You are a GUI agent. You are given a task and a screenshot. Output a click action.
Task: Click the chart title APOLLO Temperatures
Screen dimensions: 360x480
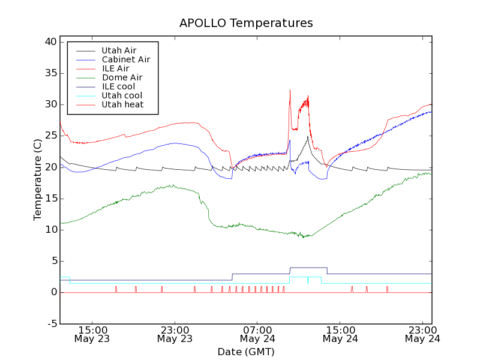point(246,23)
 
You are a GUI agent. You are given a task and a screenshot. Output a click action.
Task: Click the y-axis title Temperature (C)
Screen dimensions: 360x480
point(38,179)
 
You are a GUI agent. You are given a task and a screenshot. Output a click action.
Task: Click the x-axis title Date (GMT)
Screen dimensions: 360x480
point(246,352)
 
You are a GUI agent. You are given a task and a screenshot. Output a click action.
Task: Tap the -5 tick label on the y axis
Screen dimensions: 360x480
point(52,323)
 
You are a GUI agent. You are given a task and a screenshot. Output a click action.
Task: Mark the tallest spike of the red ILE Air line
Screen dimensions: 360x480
point(290,91)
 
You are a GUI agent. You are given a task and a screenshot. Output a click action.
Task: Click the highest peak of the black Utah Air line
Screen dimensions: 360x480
point(308,137)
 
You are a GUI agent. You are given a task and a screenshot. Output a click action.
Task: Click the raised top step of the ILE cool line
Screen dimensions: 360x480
point(308,268)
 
